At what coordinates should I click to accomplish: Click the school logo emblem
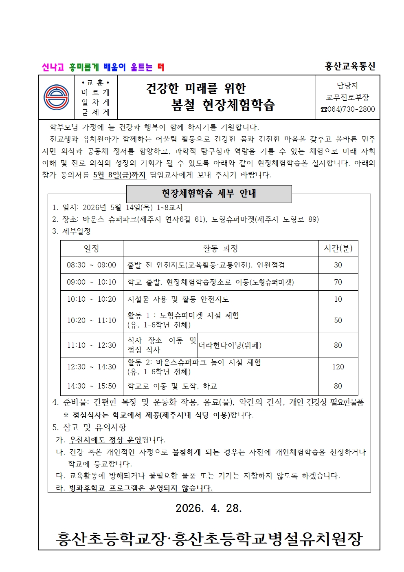coord(56,97)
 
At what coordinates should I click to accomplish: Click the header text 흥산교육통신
coord(350,66)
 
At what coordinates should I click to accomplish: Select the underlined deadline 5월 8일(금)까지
coord(119,175)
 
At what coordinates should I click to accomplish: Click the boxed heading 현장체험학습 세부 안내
coord(209,194)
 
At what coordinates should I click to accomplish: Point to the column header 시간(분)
coord(338,248)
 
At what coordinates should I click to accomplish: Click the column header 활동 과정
coord(220,248)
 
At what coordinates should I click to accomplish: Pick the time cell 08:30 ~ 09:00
coord(92,265)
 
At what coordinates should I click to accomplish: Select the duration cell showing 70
coord(338,282)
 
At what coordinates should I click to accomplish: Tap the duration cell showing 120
coord(338,367)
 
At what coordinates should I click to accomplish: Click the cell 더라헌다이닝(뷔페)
coord(230,345)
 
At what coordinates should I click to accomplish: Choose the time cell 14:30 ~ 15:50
coord(92,386)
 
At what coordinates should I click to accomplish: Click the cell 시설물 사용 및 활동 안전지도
coord(178,299)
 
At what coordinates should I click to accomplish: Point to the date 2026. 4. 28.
coord(209,508)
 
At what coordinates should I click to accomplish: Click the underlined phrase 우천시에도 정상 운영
coord(105,440)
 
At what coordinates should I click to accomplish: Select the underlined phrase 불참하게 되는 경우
coord(205,452)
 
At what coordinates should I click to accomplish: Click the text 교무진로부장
coord(347,97)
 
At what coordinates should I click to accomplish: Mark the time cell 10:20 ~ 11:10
coord(92,320)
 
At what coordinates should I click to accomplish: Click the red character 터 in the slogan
coord(160,67)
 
